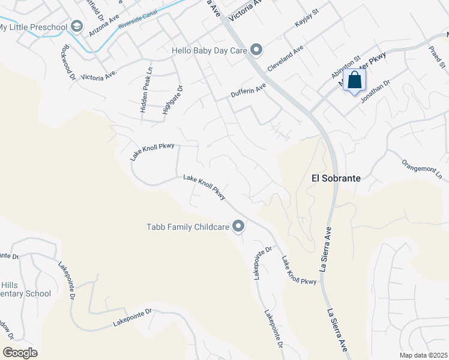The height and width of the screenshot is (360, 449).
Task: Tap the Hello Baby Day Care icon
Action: click(x=256, y=50)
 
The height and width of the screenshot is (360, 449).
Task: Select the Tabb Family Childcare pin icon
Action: click(x=238, y=226)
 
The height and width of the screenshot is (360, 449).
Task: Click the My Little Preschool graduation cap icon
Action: click(x=76, y=26)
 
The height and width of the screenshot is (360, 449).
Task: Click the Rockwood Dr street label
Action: click(x=67, y=62)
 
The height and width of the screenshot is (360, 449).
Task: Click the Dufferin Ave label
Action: click(x=248, y=91)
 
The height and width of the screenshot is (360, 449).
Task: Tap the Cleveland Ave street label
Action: click(x=286, y=59)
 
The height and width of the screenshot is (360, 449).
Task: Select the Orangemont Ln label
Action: click(x=421, y=166)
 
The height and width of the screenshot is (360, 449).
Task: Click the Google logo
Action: click(x=20, y=353)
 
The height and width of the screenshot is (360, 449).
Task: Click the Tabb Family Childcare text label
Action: click(x=188, y=227)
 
